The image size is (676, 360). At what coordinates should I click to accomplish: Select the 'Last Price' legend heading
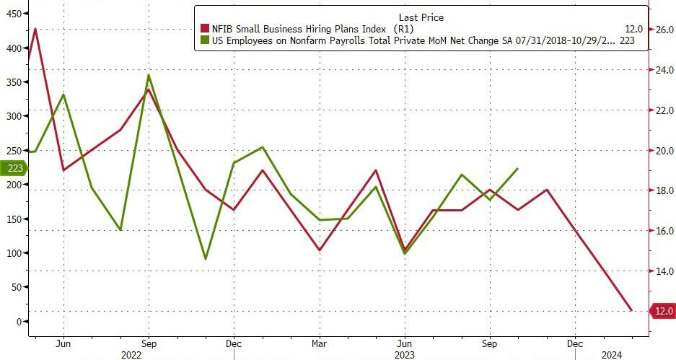pyautogui.click(x=421, y=17)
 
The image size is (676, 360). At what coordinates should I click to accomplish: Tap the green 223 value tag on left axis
pyautogui.click(x=14, y=168)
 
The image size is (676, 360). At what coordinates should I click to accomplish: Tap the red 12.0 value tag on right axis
pyautogui.click(x=662, y=311)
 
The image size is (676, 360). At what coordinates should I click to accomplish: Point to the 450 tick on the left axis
pyautogui.click(x=12, y=14)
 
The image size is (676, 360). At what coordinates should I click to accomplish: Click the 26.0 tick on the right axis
pyautogui.click(x=663, y=30)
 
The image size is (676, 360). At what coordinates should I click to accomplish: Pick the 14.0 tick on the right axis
pyautogui.click(x=663, y=271)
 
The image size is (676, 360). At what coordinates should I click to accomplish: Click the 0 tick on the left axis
pyautogui.click(x=19, y=321)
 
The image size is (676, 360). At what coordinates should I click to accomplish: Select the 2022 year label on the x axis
pyautogui.click(x=131, y=354)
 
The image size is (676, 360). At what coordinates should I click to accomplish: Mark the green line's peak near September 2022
pyautogui.click(x=149, y=75)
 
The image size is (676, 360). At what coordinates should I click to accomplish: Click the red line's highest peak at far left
pyautogui.click(x=35, y=29)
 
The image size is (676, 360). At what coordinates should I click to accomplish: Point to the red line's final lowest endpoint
pyautogui.click(x=631, y=310)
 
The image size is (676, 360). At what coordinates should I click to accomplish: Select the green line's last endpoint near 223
pyautogui.click(x=517, y=169)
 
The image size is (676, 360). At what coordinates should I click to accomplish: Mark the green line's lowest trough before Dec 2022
pyautogui.click(x=206, y=258)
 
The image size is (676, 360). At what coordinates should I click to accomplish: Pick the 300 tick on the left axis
pyautogui.click(x=12, y=116)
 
